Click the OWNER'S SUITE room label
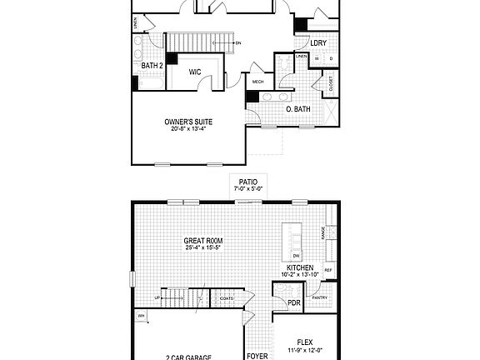click(x=187, y=122)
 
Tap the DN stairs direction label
click(x=238, y=42)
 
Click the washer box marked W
click(x=317, y=58)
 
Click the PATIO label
click(x=247, y=182)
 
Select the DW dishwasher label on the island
click(x=296, y=255)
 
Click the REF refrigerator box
click(x=328, y=270)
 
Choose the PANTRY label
click(x=319, y=297)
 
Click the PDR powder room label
click(x=293, y=302)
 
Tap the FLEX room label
click(x=305, y=342)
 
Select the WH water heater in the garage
click(x=142, y=316)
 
